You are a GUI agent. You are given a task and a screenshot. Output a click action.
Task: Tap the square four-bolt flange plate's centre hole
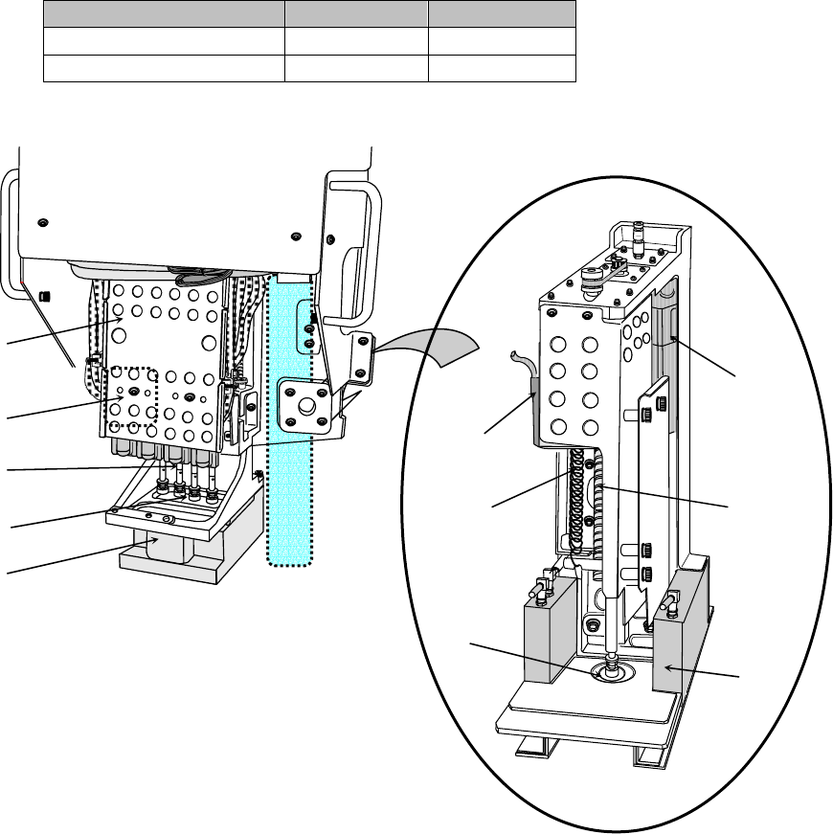[305, 405]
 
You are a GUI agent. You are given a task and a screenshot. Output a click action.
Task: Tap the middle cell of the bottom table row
[356, 69]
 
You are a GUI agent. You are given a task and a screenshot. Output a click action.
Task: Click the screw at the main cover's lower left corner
[43, 224]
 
